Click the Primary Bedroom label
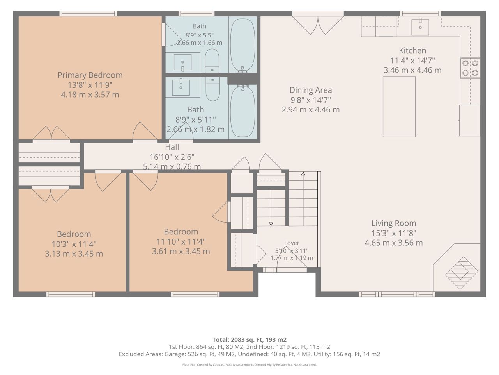pos(90,75)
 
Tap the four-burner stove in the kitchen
pos(470,68)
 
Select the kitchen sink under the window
pos(420,27)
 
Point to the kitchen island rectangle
pos(399,107)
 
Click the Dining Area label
pos(311,90)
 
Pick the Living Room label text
pos(394,223)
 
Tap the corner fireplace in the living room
pos(462,273)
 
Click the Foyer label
pos(292,243)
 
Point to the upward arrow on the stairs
pos(303,198)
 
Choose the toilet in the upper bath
pos(212,61)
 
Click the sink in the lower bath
pos(181,87)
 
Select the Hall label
pos(172,147)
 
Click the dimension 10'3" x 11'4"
pos(74,244)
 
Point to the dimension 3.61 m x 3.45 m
pos(181,251)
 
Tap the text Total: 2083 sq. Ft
pos(240,340)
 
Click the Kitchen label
pos(412,50)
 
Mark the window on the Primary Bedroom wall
pos(88,13)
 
